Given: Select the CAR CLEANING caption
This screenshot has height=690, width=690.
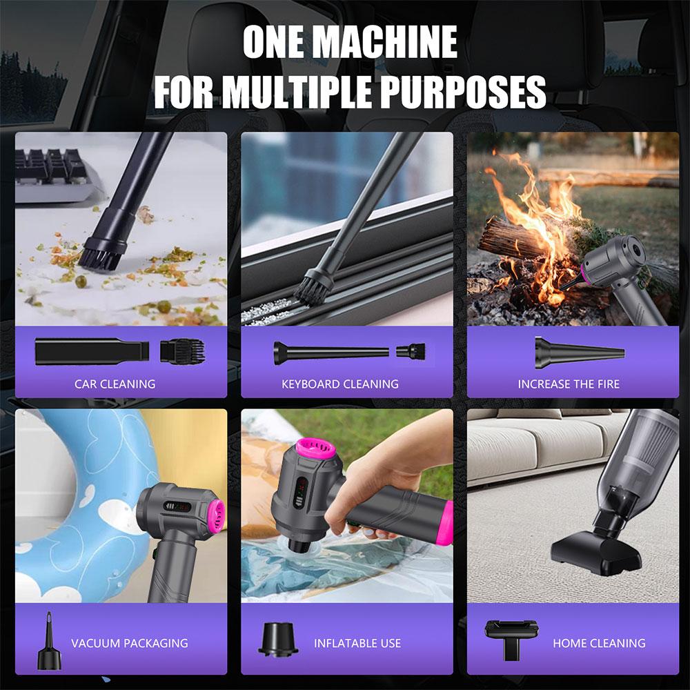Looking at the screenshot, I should click(x=115, y=384).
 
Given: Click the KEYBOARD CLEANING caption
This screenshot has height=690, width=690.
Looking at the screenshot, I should click(x=340, y=384).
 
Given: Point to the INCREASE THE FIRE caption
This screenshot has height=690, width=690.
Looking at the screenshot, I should click(x=569, y=384).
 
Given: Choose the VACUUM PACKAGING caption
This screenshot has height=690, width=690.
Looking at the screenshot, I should click(x=130, y=643).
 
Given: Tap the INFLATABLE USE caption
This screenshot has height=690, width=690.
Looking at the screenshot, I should click(x=357, y=643).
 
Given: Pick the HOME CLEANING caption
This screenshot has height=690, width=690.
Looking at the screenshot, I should click(x=599, y=643).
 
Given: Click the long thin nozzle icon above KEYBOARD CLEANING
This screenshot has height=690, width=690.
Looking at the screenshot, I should click(x=332, y=352).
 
